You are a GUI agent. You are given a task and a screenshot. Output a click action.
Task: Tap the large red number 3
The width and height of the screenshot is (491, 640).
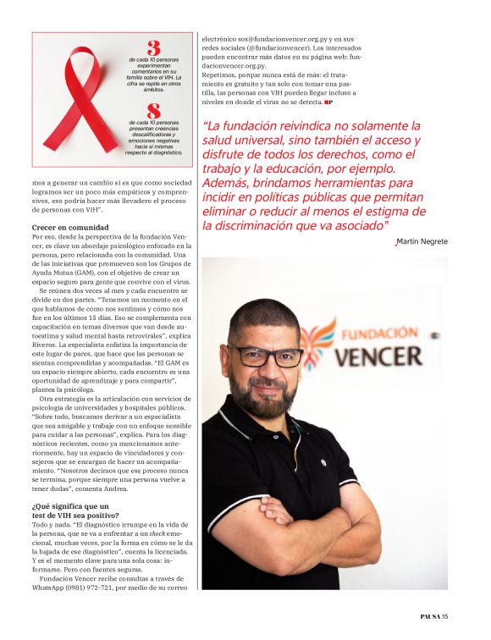tap(153, 48)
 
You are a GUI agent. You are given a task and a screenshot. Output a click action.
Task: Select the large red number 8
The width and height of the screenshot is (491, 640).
tap(153, 110)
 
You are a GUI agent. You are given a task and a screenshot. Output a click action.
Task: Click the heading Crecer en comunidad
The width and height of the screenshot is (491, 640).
tap(70, 228)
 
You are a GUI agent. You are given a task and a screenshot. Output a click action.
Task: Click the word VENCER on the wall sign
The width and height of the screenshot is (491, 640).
tap(389, 355)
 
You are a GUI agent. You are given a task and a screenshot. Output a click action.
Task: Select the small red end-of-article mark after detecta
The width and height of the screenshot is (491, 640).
tap(328, 102)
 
